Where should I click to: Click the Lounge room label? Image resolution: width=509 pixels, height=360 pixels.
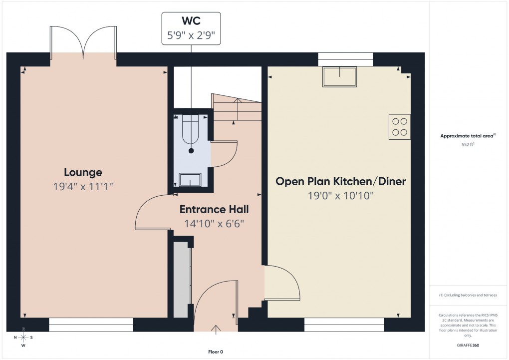coord(83,172)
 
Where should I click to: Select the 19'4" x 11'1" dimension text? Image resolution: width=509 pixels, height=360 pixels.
coord(83,187)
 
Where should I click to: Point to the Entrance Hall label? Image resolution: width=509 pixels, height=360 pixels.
coord(214,209)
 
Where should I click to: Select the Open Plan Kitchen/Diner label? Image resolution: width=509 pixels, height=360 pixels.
coord(341,181)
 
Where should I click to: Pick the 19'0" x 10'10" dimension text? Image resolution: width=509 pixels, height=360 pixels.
coord(341,195)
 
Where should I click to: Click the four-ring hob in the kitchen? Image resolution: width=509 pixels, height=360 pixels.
coord(399,126)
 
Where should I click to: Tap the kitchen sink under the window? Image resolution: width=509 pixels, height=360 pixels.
coord(340,76)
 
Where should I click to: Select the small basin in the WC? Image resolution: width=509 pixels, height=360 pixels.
coord(190,179)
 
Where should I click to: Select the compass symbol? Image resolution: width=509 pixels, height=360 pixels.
coord(23,337)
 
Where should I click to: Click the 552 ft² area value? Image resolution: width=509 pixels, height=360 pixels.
coord(468,144)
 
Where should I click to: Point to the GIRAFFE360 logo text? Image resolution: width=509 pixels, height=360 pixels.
coord(468,345)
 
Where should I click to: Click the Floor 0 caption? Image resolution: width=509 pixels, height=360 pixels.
coord(216,352)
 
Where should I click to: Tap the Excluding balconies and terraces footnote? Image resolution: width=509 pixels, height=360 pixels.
coord(468,295)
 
